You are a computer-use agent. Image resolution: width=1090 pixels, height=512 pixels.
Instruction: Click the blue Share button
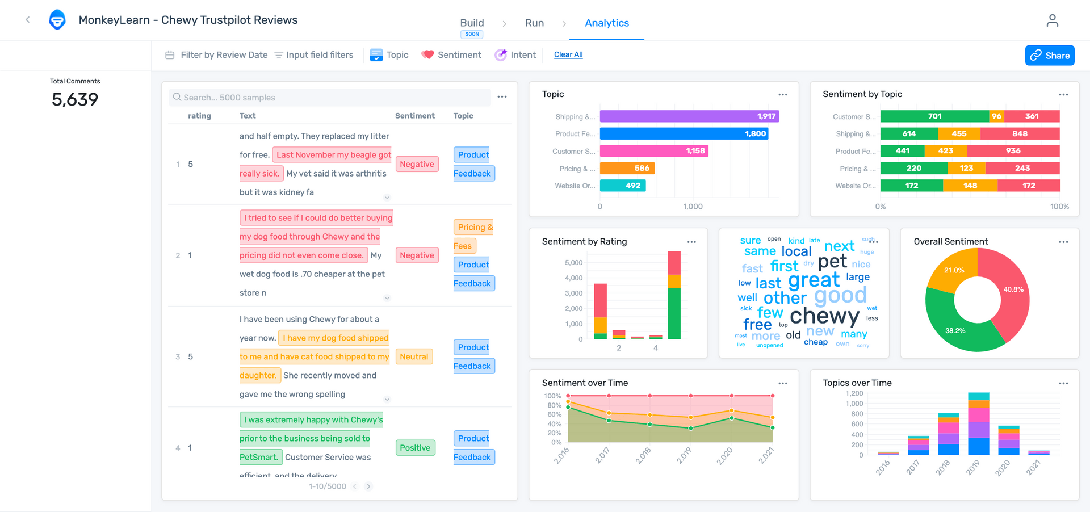[1050, 56]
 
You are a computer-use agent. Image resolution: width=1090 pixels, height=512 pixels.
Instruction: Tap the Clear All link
[568, 54]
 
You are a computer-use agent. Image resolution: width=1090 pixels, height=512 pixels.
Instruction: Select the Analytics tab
[607, 23]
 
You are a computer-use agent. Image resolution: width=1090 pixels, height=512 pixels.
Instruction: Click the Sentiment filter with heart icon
[451, 55]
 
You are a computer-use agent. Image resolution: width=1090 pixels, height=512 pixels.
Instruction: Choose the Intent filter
[515, 55]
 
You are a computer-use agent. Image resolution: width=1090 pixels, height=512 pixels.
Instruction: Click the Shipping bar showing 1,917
[689, 116]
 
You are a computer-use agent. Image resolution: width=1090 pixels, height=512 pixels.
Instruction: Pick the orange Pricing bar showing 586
[627, 168]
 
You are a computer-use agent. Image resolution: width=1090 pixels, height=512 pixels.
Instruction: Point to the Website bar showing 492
[623, 186]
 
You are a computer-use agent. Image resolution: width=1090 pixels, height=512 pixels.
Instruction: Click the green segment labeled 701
[934, 116]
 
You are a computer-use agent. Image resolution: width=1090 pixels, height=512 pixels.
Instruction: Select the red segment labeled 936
[1013, 151]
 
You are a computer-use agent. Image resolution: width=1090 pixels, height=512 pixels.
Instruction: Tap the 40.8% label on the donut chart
[1013, 289]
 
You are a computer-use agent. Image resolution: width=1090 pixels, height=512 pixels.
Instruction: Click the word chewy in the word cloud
[824, 315]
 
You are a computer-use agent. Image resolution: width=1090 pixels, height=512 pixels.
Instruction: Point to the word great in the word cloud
[814, 280]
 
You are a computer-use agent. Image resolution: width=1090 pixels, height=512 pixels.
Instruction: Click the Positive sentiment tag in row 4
[415, 448]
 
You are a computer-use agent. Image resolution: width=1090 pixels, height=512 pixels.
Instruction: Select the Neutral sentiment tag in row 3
[414, 356]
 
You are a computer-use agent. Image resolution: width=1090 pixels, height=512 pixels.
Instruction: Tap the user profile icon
[1052, 21]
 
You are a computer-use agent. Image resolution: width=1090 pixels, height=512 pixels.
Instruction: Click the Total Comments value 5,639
[75, 100]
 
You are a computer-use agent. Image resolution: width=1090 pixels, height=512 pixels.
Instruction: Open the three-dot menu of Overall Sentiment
[1063, 242]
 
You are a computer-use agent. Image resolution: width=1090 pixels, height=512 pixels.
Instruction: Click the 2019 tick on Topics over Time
[973, 467]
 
